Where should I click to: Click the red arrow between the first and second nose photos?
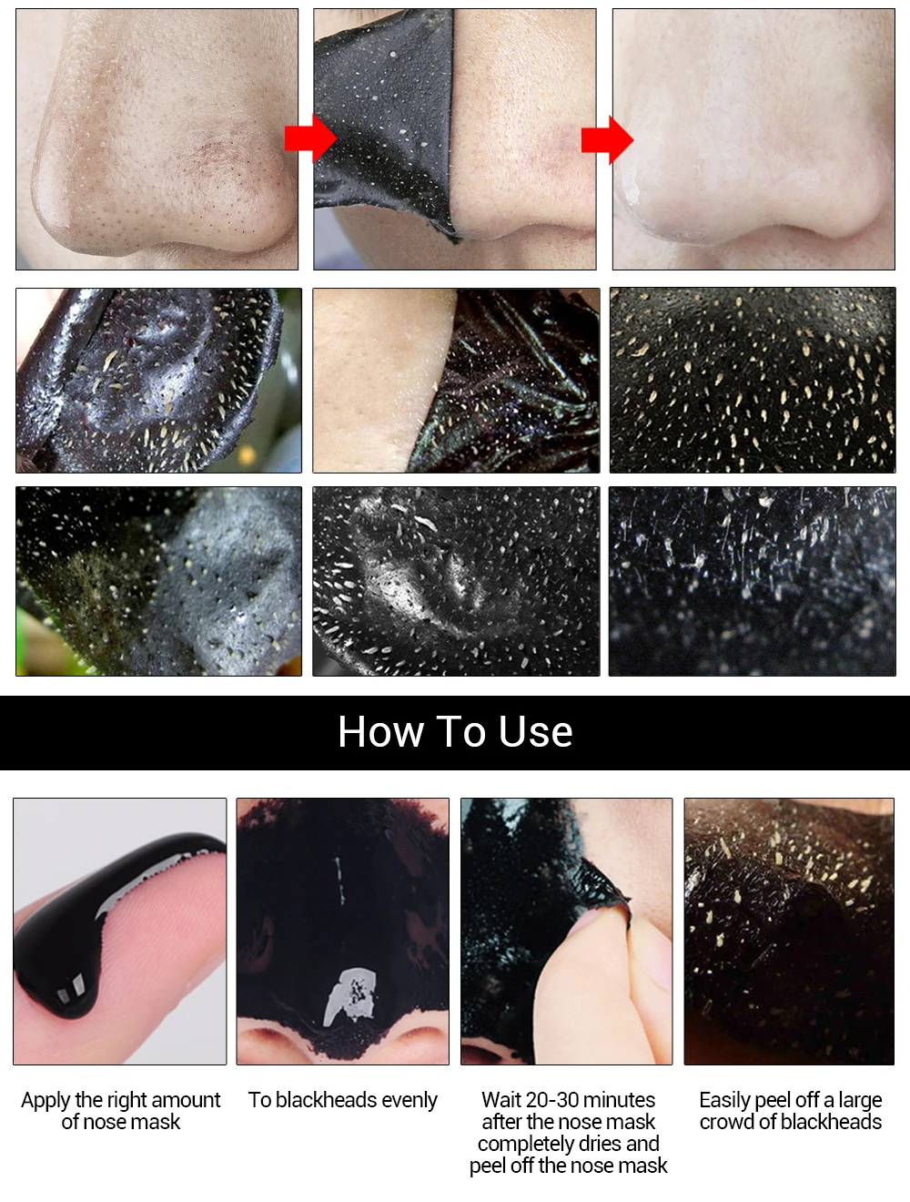click(x=310, y=138)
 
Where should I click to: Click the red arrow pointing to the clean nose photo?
click(x=607, y=139)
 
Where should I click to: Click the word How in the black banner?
click(x=379, y=732)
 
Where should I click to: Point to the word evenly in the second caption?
click(x=409, y=1100)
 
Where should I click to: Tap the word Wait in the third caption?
click(x=501, y=1100)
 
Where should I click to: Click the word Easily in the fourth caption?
click(x=724, y=1100)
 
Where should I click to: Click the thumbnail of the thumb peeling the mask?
click(x=566, y=931)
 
